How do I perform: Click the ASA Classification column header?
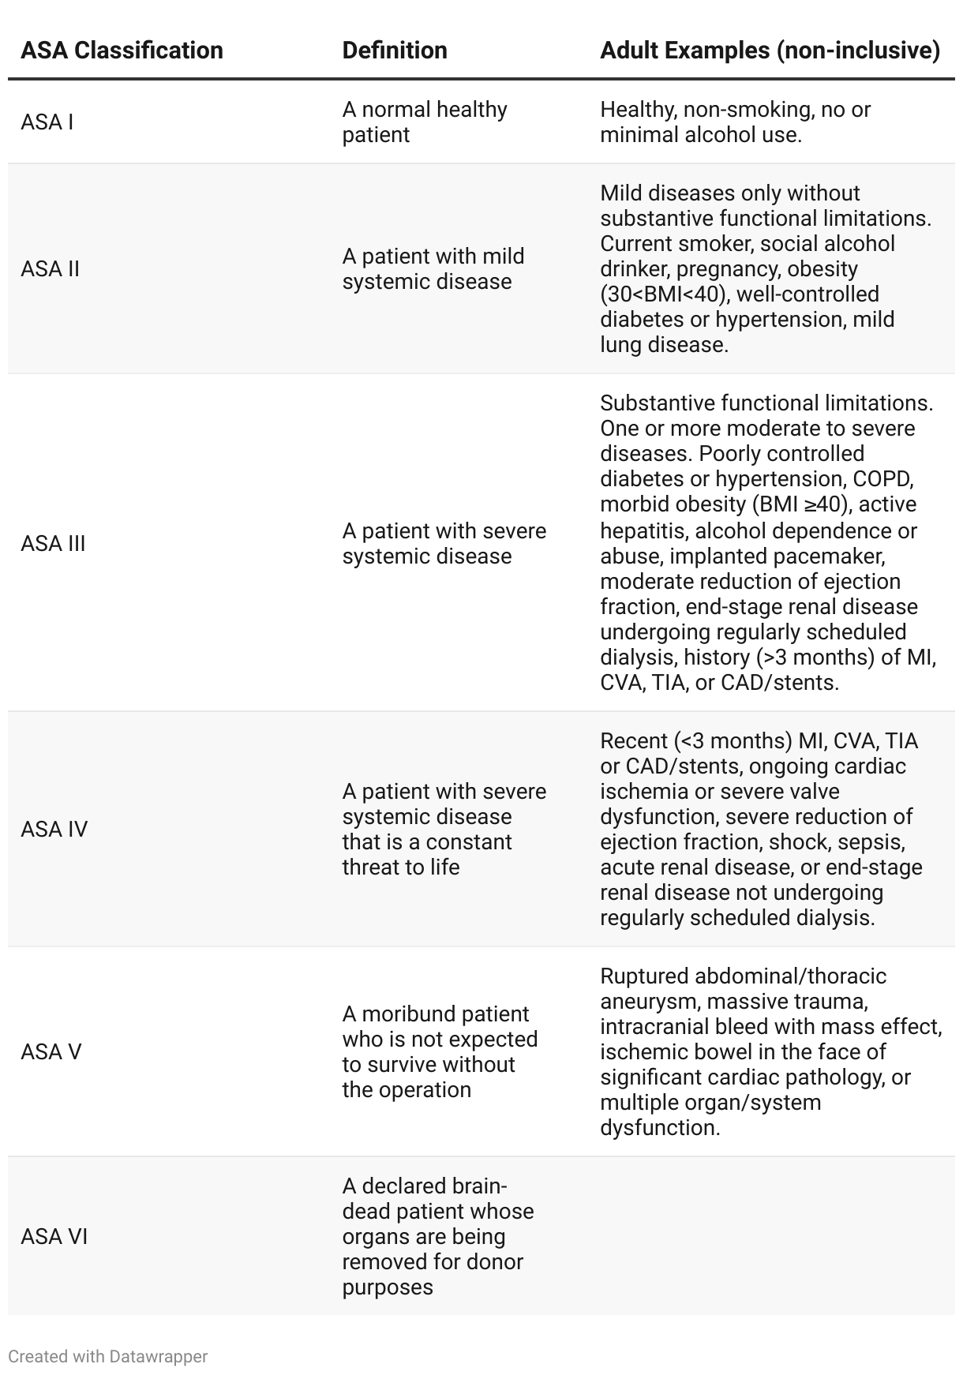coord(122,51)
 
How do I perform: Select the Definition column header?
coord(395,51)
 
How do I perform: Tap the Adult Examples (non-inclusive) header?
coord(770,51)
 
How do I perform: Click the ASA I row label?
coord(47,122)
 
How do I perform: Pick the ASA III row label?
coord(53,544)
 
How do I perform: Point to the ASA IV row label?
coord(54,830)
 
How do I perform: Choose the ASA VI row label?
coord(54,1237)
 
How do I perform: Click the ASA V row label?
coord(51,1052)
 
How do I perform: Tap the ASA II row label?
coord(51,269)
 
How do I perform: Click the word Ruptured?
coord(644,976)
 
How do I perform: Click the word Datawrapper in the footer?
coord(159,1357)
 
